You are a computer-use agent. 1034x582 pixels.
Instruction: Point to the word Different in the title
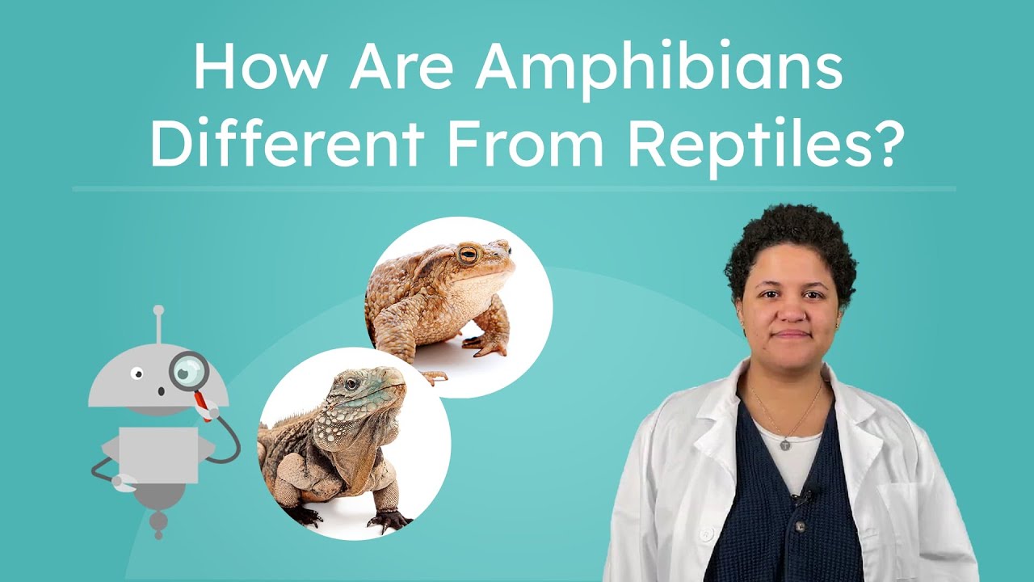[287, 144]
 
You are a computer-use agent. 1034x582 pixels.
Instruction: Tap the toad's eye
[468, 255]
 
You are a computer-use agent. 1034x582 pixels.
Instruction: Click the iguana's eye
[351, 384]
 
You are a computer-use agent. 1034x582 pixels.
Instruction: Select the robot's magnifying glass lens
[188, 371]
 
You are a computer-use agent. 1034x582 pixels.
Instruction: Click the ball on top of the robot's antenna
[158, 310]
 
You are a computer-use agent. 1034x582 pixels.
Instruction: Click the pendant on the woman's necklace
[784, 444]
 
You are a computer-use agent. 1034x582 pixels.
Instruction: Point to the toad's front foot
[487, 348]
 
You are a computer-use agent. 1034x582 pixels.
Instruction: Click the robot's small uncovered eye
[138, 373]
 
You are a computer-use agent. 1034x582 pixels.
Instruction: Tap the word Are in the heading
[400, 69]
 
